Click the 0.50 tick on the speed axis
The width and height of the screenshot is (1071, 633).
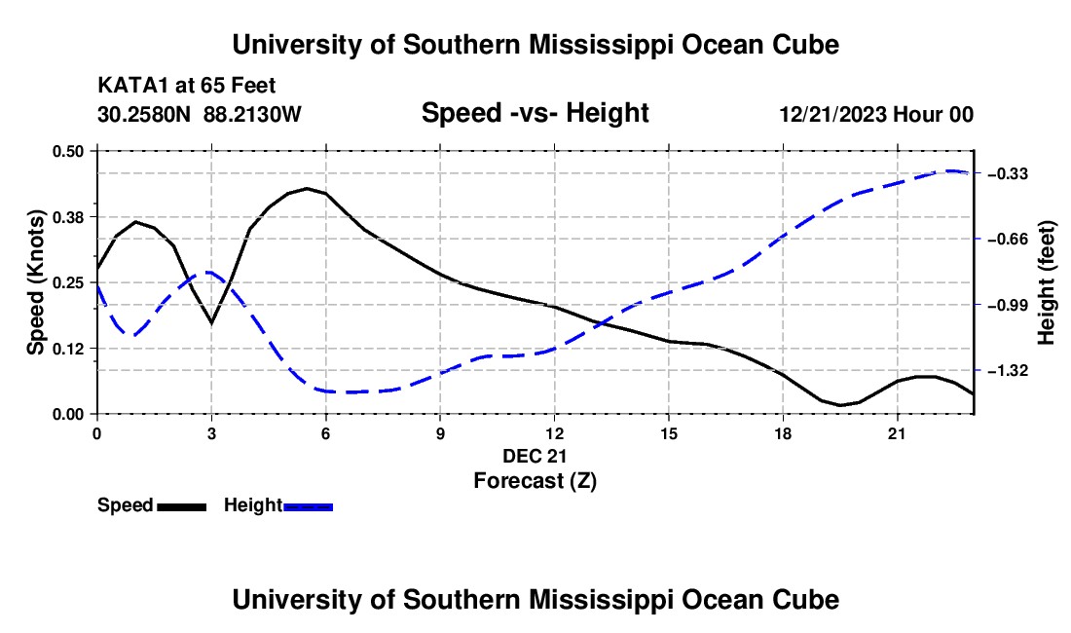click(67, 151)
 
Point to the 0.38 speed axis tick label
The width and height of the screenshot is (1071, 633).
click(67, 217)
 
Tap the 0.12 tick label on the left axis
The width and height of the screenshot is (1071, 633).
click(67, 349)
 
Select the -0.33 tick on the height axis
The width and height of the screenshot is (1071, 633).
click(1008, 174)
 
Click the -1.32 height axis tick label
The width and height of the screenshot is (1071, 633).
click(1008, 371)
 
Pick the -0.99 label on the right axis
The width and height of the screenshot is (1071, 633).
click(1008, 305)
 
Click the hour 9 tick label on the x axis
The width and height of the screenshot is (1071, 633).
click(440, 433)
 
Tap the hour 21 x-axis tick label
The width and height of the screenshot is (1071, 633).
click(897, 433)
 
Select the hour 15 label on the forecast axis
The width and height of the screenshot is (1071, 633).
click(669, 433)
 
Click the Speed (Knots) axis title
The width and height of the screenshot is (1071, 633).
click(35, 282)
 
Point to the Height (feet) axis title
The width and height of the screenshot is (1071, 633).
click(1047, 282)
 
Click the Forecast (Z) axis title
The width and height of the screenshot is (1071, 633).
click(535, 481)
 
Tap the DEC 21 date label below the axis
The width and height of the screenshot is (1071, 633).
click(535, 456)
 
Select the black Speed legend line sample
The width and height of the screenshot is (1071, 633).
click(182, 507)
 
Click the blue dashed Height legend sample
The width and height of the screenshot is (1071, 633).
click(308, 507)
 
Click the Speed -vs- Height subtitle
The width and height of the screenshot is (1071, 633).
click(535, 113)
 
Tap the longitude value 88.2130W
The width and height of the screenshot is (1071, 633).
click(252, 114)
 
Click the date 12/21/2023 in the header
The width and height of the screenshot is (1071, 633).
click(833, 114)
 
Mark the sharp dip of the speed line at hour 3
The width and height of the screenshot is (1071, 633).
click(211, 322)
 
